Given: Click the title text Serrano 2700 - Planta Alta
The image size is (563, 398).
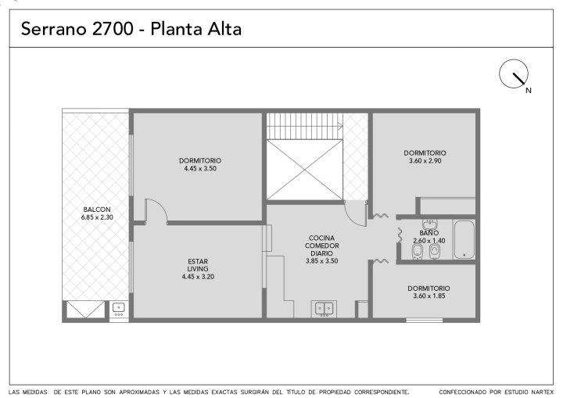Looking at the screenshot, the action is pos(131,29).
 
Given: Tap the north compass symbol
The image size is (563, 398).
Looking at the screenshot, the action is pos(514,74).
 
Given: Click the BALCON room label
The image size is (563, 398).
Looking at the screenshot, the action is pos(97,210).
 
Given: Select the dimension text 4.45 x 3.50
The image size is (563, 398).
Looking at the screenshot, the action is pos(200,168).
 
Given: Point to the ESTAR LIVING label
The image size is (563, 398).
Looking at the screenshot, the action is pos(198,265).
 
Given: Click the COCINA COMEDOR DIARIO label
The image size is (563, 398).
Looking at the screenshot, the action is pos(321,246).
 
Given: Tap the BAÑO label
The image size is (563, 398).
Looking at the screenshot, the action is pos(429,233).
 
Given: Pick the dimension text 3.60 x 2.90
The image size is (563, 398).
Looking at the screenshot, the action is pos(425,161).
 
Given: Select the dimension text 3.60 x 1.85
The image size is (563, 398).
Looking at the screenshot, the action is pos(429,296).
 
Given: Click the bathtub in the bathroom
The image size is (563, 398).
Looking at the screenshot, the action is pos(464,239).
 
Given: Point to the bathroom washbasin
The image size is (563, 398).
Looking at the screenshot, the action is pos(429,224).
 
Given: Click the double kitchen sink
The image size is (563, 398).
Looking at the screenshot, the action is pos(324,309).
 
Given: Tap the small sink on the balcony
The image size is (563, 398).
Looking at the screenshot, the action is pos(119,309).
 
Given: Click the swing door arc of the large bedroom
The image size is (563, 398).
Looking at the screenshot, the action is pos(160,206).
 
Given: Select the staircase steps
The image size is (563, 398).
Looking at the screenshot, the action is pos(304,126).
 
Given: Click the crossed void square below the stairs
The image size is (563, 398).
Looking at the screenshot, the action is pos(304,170).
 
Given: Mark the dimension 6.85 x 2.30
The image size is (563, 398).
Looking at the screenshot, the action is pos(97,217).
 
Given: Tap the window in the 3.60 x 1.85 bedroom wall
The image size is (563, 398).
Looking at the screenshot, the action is pos(425,320).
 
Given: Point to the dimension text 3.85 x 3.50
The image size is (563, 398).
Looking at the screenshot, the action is pos(321,261).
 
